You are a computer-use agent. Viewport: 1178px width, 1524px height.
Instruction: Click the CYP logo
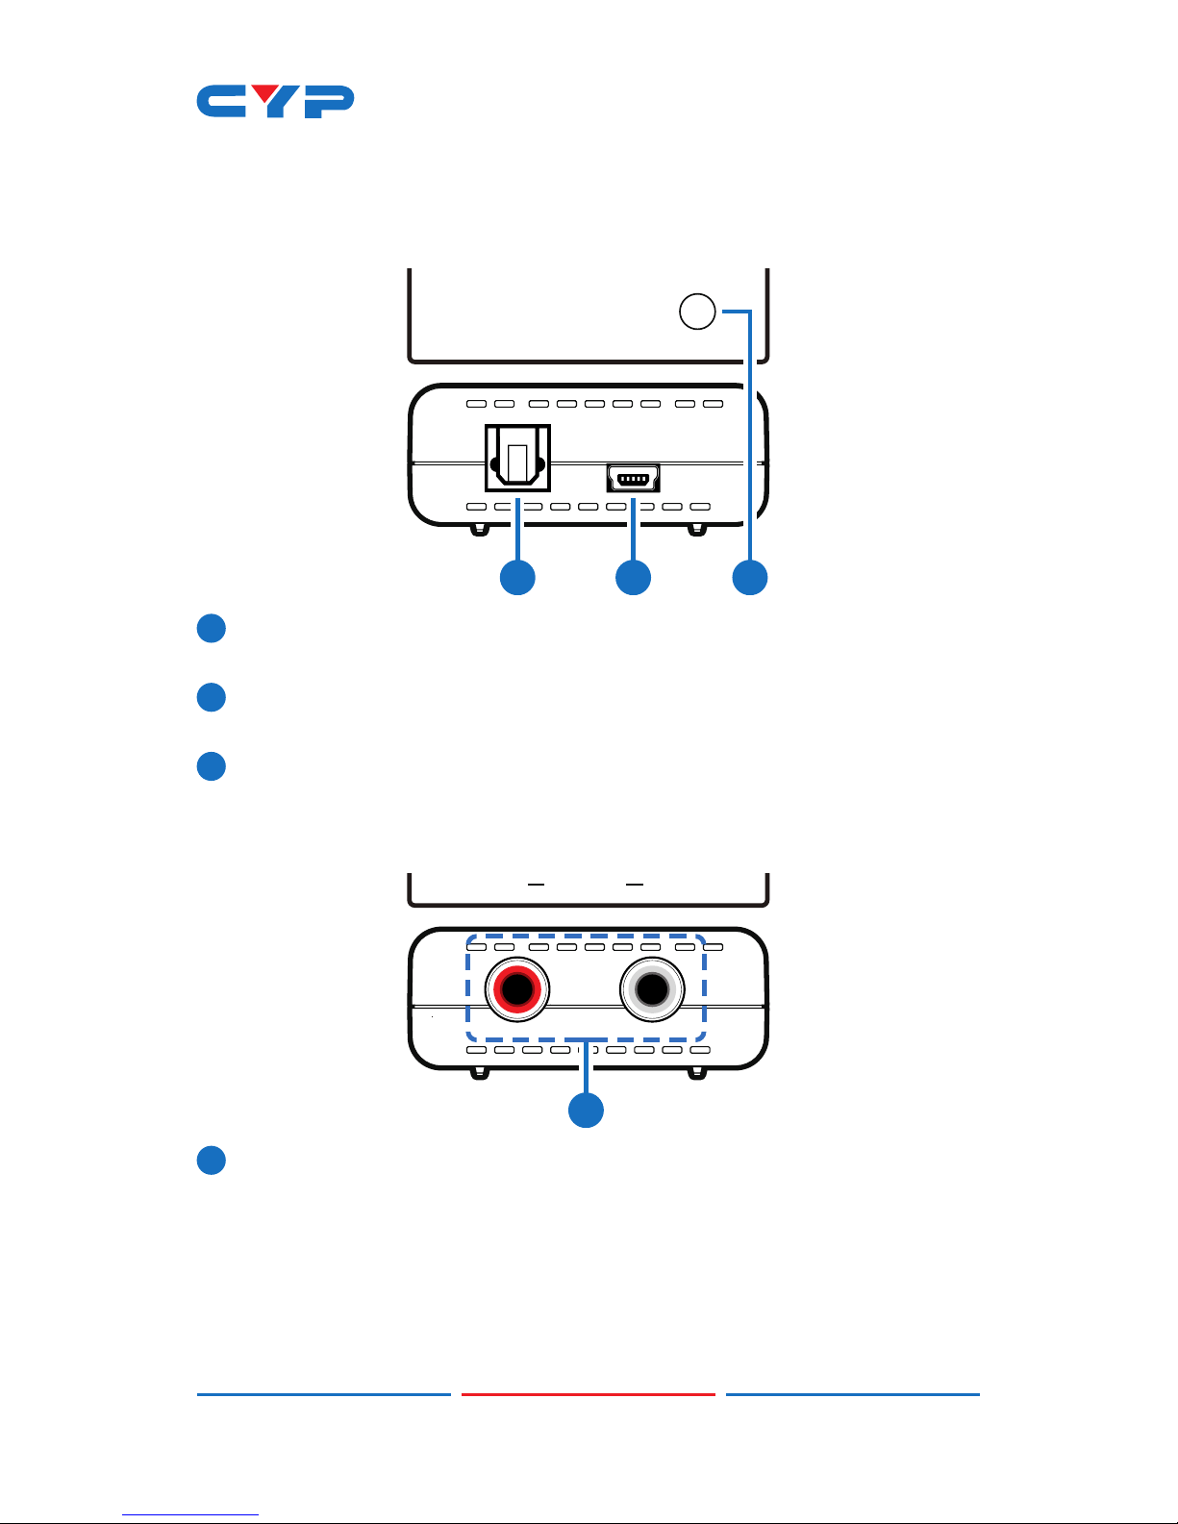[275, 102]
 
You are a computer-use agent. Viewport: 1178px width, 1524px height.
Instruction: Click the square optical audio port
[517, 458]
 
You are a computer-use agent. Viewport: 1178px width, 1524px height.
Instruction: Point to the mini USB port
[633, 478]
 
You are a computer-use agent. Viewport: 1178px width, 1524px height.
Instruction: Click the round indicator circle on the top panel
[698, 312]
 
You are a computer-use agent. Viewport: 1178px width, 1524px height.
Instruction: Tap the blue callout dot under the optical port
[517, 577]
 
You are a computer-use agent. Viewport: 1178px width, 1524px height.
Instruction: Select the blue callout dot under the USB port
[633, 577]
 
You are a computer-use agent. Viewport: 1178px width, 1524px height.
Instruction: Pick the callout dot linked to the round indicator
[749, 577]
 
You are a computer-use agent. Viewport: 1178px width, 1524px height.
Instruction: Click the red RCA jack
[517, 989]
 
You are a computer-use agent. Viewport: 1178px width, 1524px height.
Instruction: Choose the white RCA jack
[652, 989]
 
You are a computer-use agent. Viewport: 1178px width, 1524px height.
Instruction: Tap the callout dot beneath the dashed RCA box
[586, 1110]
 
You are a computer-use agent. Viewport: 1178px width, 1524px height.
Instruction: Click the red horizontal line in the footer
[589, 1394]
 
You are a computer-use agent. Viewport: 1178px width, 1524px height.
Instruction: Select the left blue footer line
[324, 1394]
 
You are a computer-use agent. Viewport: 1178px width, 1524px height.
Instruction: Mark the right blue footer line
[853, 1394]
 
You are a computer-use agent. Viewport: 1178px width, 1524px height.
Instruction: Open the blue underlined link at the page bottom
[190, 1515]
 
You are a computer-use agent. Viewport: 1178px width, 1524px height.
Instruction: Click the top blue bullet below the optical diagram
[211, 629]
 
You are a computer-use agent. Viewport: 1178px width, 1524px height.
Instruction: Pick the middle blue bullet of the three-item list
[211, 697]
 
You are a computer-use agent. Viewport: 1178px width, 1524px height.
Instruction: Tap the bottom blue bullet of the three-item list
[211, 766]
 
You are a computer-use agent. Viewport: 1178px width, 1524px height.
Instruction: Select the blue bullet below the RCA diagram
[211, 1160]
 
